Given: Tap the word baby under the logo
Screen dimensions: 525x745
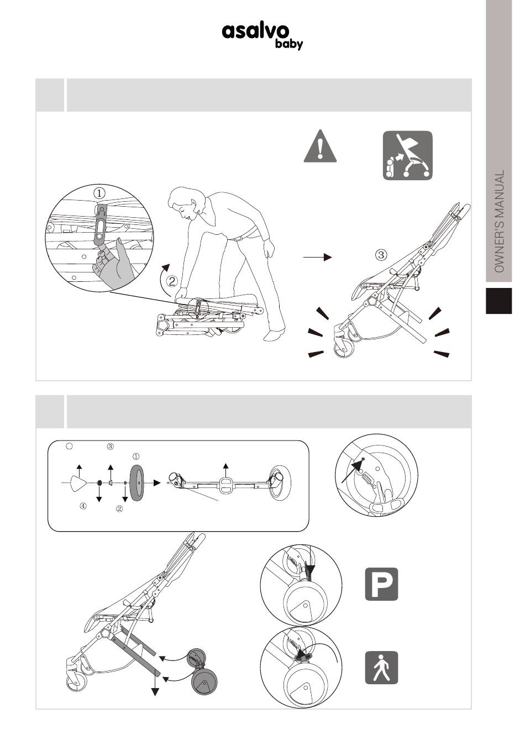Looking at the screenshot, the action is (x=288, y=44).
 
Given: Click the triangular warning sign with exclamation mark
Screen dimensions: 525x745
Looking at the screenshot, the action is (x=320, y=146).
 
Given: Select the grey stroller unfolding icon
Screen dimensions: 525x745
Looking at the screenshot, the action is (x=407, y=156).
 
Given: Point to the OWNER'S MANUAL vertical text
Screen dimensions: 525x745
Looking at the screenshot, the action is (x=499, y=222).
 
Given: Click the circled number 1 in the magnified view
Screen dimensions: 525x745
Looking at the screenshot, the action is (x=99, y=193).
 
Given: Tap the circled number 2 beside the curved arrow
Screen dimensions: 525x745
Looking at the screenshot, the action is (x=172, y=281).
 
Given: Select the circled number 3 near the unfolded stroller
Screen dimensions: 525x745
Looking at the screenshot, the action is (x=381, y=255).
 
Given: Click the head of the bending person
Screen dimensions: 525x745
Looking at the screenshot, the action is (x=182, y=203).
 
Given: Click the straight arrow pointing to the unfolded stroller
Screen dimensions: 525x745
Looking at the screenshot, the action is (x=318, y=257).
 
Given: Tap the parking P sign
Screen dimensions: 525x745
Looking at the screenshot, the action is (x=381, y=584).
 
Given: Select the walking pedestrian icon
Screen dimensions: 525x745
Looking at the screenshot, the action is (x=381, y=668).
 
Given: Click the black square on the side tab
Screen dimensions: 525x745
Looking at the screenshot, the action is (x=498, y=301).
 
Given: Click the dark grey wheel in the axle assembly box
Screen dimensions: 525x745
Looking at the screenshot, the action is (x=137, y=483).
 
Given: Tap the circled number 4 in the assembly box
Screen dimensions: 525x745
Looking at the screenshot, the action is (x=83, y=506).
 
